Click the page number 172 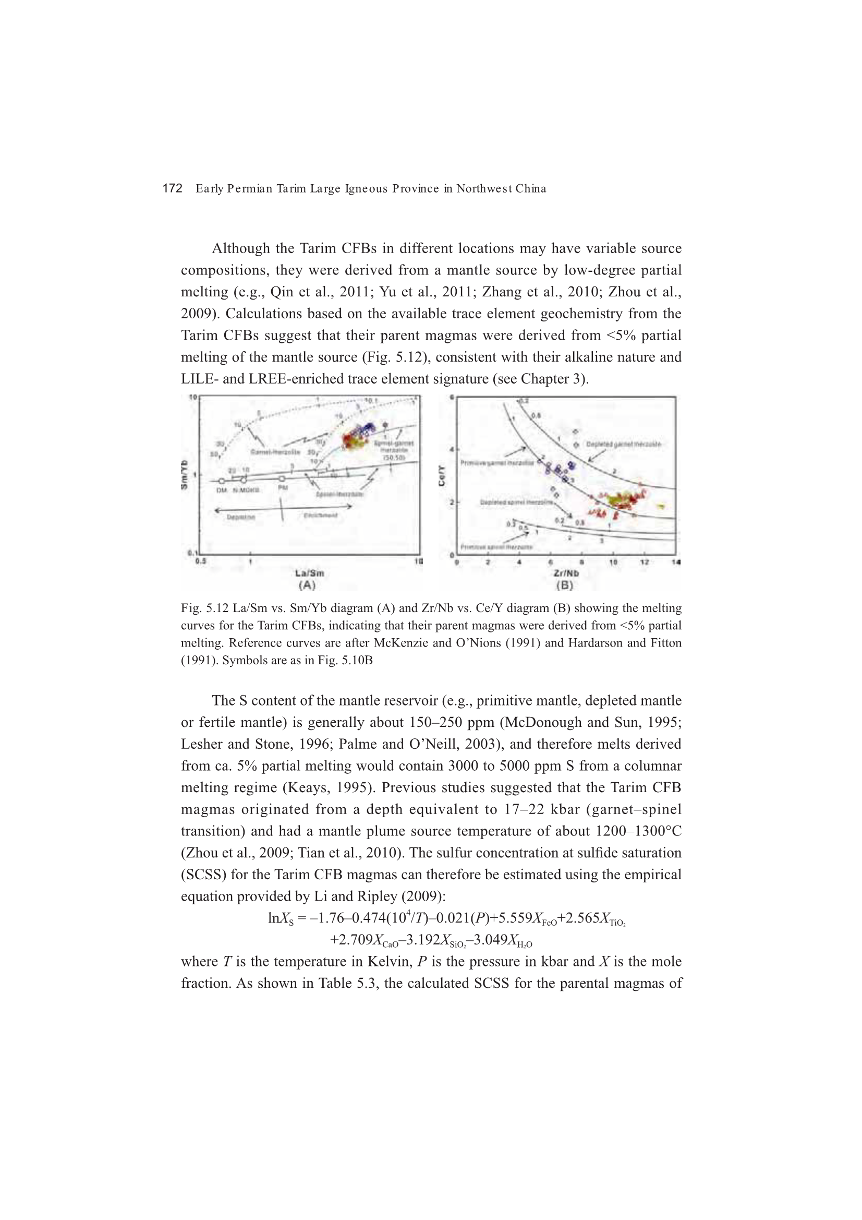[172, 188]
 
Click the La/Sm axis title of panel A [310, 573]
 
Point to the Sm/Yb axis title [184, 474]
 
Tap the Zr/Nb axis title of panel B [566, 573]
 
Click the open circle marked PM [282, 479]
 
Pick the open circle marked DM [222, 482]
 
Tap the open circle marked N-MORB [244, 481]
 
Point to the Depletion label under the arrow [240, 517]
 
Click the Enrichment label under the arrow [320, 516]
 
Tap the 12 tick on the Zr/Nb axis [644, 562]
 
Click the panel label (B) [565, 585]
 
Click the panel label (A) [307, 585]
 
